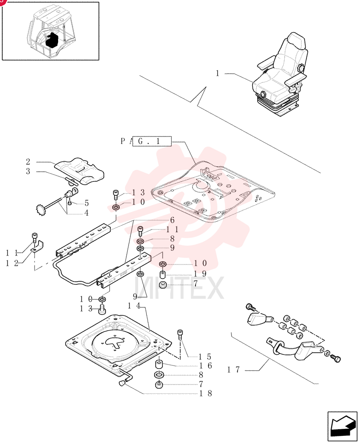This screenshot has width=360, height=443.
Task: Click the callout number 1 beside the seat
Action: tap(218, 74)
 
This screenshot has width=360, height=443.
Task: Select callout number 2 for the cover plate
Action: tap(28, 162)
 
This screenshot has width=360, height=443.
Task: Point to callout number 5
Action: tap(86, 203)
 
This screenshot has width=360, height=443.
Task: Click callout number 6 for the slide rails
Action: tap(172, 220)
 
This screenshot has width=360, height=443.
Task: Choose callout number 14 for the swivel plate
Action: tap(134, 306)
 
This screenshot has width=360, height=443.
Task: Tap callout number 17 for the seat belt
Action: tap(234, 369)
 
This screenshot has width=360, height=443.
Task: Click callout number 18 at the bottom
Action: tap(206, 393)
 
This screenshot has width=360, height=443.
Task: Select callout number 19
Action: tap(200, 273)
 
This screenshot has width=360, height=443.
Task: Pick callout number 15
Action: tap(205, 357)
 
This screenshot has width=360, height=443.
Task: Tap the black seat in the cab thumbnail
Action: tap(52, 39)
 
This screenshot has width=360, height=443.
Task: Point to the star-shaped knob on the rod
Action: tap(42, 210)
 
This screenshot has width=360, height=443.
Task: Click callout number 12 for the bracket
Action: tap(12, 263)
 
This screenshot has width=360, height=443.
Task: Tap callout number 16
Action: tap(206, 366)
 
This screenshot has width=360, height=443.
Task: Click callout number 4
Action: tap(86, 213)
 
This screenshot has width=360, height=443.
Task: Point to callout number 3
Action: tap(28, 171)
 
